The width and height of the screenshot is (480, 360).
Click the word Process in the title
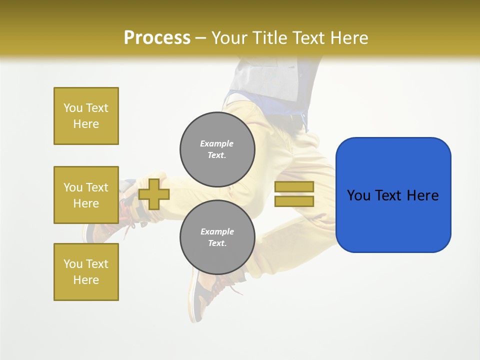point(157,38)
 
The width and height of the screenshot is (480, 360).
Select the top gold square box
point(86,116)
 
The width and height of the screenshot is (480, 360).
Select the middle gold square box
point(86,195)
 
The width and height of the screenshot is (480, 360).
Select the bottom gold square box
point(86,272)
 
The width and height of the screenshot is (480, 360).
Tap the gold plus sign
point(154,194)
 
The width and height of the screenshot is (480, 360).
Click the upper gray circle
point(217,149)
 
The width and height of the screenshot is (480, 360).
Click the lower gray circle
point(217,237)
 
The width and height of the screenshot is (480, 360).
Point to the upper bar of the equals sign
point(294,186)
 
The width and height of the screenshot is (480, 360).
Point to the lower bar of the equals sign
point(294,201)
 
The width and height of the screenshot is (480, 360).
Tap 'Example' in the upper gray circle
point(217,143)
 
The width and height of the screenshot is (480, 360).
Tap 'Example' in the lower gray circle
point(217,231)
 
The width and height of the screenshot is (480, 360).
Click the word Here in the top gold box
point(86,124)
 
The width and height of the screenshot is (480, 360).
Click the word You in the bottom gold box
point(72,264)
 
